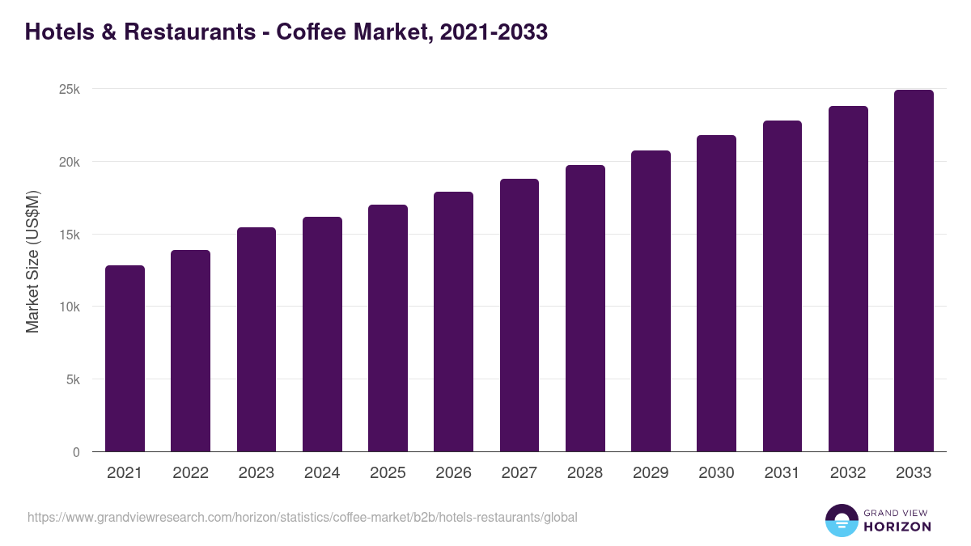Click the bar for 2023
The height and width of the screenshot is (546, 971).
point(257,340)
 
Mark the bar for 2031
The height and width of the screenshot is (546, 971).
point(782,286)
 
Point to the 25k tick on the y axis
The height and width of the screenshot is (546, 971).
point(70,89)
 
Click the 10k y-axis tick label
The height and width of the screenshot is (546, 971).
point(70,307)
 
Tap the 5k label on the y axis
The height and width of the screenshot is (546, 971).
point(73,379)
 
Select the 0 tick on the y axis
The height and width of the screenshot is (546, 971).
point(76,452)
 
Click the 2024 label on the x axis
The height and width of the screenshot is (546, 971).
point(322,473)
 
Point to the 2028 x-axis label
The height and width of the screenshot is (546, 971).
point(585,473)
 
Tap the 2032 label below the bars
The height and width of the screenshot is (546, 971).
point(848,473)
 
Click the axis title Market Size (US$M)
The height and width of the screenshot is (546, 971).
point(32,262)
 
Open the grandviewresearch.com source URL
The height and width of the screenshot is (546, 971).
point(303,517)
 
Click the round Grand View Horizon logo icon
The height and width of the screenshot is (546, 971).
point(841,520)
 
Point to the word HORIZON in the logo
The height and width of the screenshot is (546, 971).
point(897,527)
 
